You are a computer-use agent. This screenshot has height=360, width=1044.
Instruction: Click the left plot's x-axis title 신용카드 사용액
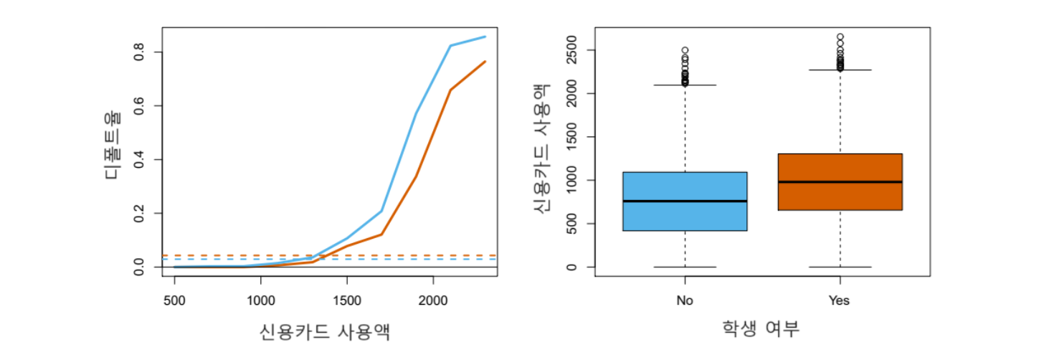326,332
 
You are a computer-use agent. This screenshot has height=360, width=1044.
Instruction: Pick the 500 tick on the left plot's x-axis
174,300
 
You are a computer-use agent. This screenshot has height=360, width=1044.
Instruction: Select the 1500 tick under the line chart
346,300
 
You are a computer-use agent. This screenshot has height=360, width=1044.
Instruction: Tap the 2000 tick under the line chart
432,300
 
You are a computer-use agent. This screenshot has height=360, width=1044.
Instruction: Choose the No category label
685,301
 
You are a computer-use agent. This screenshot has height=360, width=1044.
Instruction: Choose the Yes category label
839,301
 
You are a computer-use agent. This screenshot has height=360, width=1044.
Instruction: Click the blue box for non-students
685,215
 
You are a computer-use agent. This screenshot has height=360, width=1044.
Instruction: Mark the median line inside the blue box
685,201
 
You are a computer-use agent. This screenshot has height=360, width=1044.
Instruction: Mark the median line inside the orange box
840,181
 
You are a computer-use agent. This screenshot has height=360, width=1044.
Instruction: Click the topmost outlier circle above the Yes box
840,37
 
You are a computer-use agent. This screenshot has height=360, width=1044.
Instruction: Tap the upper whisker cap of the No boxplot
685,85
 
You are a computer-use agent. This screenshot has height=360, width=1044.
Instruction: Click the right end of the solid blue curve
485,37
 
